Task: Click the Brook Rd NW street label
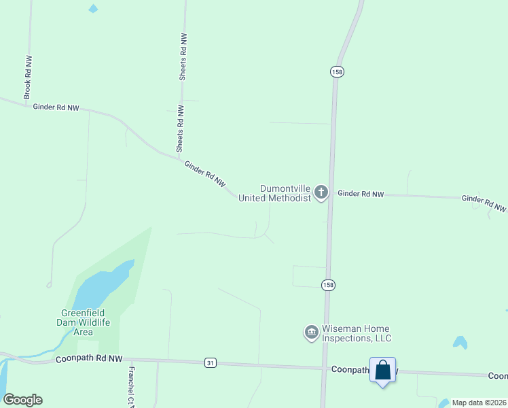(28, 77)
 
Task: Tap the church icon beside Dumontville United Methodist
(321, 193)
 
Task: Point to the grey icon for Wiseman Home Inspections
(312, 332)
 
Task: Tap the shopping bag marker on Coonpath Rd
(383, 371)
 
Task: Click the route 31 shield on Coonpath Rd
(211, 364)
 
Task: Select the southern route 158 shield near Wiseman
(329, 284)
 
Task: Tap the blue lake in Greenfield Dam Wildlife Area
(102, 286)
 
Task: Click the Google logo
(22, 400)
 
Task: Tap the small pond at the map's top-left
(93, 9)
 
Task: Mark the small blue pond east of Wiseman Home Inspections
(460, 342)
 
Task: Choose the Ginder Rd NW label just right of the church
(361, 194)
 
